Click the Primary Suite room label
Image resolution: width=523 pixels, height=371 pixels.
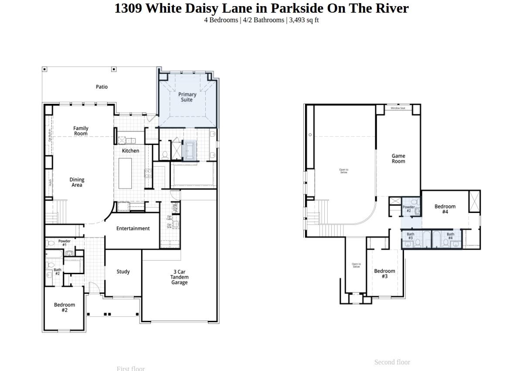click(x=187, y=97)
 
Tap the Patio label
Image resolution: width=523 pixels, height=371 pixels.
click(x=102, y=87)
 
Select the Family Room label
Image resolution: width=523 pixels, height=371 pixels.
click(x=81, y=131)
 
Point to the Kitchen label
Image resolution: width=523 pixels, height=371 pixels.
click(x=130, y=151)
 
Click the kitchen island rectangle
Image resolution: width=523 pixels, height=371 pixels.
click(x=125, y=173)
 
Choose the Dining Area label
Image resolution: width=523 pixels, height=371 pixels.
click(x=77, y=182)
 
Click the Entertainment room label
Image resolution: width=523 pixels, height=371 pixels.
click(x=133, y=228)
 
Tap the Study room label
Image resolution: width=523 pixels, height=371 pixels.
click(x=123, y=271)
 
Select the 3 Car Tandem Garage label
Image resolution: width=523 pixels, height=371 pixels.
click(x=179, y=277)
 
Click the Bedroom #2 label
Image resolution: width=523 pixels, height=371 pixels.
click(x=65, y=307)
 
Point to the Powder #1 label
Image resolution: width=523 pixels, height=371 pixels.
click(x=65, y=243)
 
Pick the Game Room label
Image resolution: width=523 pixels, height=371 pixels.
click(x=398, y=158)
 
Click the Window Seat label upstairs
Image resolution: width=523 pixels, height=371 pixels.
click(x=398, y=108)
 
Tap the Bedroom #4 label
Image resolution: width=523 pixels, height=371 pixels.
click(x=445, y=209)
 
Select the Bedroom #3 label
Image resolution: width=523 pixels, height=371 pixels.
click(x=384, y=273)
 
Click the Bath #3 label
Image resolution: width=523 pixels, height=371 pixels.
click(x=411, y=236)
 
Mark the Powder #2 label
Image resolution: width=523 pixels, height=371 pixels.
click(x=408, y=209)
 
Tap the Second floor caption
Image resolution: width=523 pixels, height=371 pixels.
click(x=392, y=362)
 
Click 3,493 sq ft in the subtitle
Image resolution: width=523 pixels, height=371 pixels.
click(x=304, y=20)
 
